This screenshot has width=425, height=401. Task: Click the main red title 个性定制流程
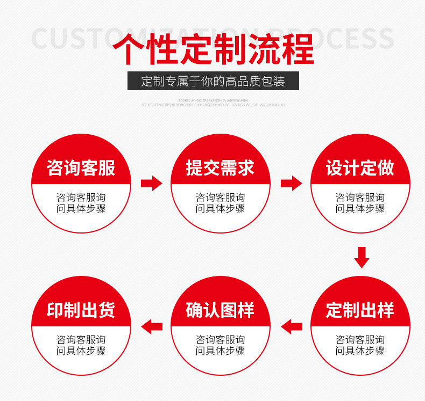click(x=213, y=49)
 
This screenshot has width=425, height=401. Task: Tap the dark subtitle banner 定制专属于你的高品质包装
click(x=213, y=82)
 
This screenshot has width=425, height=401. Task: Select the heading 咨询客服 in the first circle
click(x=81, y=168)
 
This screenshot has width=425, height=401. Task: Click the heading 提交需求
click(x=220, y=168)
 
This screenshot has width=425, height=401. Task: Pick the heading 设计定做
click(x=360, y=168)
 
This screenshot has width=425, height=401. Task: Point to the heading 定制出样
click(x=360, y=310)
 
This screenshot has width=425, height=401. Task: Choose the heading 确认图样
click(x=220, y=310)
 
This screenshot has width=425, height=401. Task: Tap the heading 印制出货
click(x=81, y=310)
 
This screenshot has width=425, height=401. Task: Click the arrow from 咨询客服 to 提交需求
click(x=151, y=183)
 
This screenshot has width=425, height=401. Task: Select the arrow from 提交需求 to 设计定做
click(x=291, y=183)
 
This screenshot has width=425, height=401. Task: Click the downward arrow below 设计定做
click(x=362, y=257)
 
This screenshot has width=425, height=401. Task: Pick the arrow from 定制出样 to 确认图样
click(x=291, y=325)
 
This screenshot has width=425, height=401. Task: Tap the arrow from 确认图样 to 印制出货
click(x=151, y=325)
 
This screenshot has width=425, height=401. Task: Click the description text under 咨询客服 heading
click(x=81, y=203)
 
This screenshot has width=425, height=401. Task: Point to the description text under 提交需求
click(x=220, y=203)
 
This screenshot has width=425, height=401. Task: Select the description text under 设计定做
click(x=360, y=203)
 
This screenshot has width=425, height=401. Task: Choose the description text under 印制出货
click(x=81, y=345)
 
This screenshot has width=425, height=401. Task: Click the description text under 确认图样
click(x=220, y=345)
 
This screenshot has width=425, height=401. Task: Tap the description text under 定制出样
click(x=360, y=345)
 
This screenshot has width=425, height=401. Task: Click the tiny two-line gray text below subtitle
click(x=213, y=102)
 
